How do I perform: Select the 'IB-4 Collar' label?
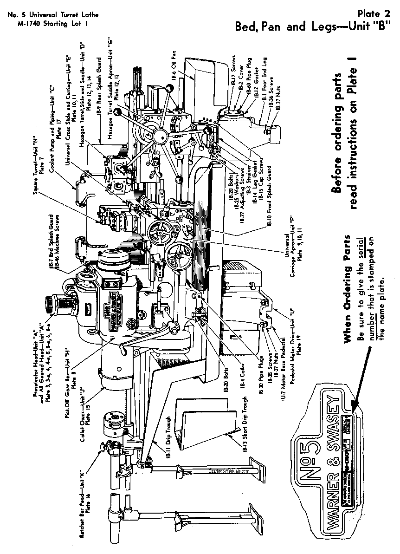click(240, 382)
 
